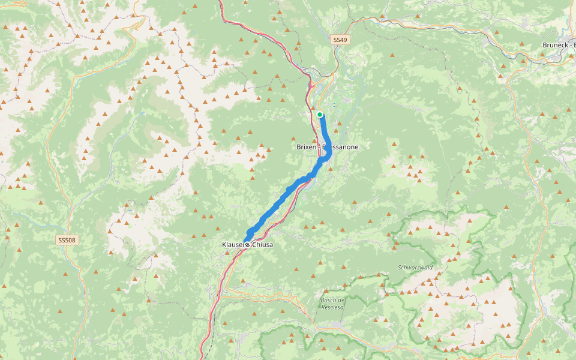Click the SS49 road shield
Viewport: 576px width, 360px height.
click(x=340, y=40)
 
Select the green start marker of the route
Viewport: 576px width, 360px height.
click(x=320, y=115)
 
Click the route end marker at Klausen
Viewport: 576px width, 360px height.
click(x=247, y=245)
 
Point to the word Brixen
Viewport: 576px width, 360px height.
click(x=307, y=147)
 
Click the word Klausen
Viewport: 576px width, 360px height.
click(x=233, y=245)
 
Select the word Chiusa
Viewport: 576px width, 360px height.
click(x=262, y=245)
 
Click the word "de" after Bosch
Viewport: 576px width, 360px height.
click(x=343, y=299)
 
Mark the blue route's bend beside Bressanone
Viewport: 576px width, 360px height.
click(x=328, y=155)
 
